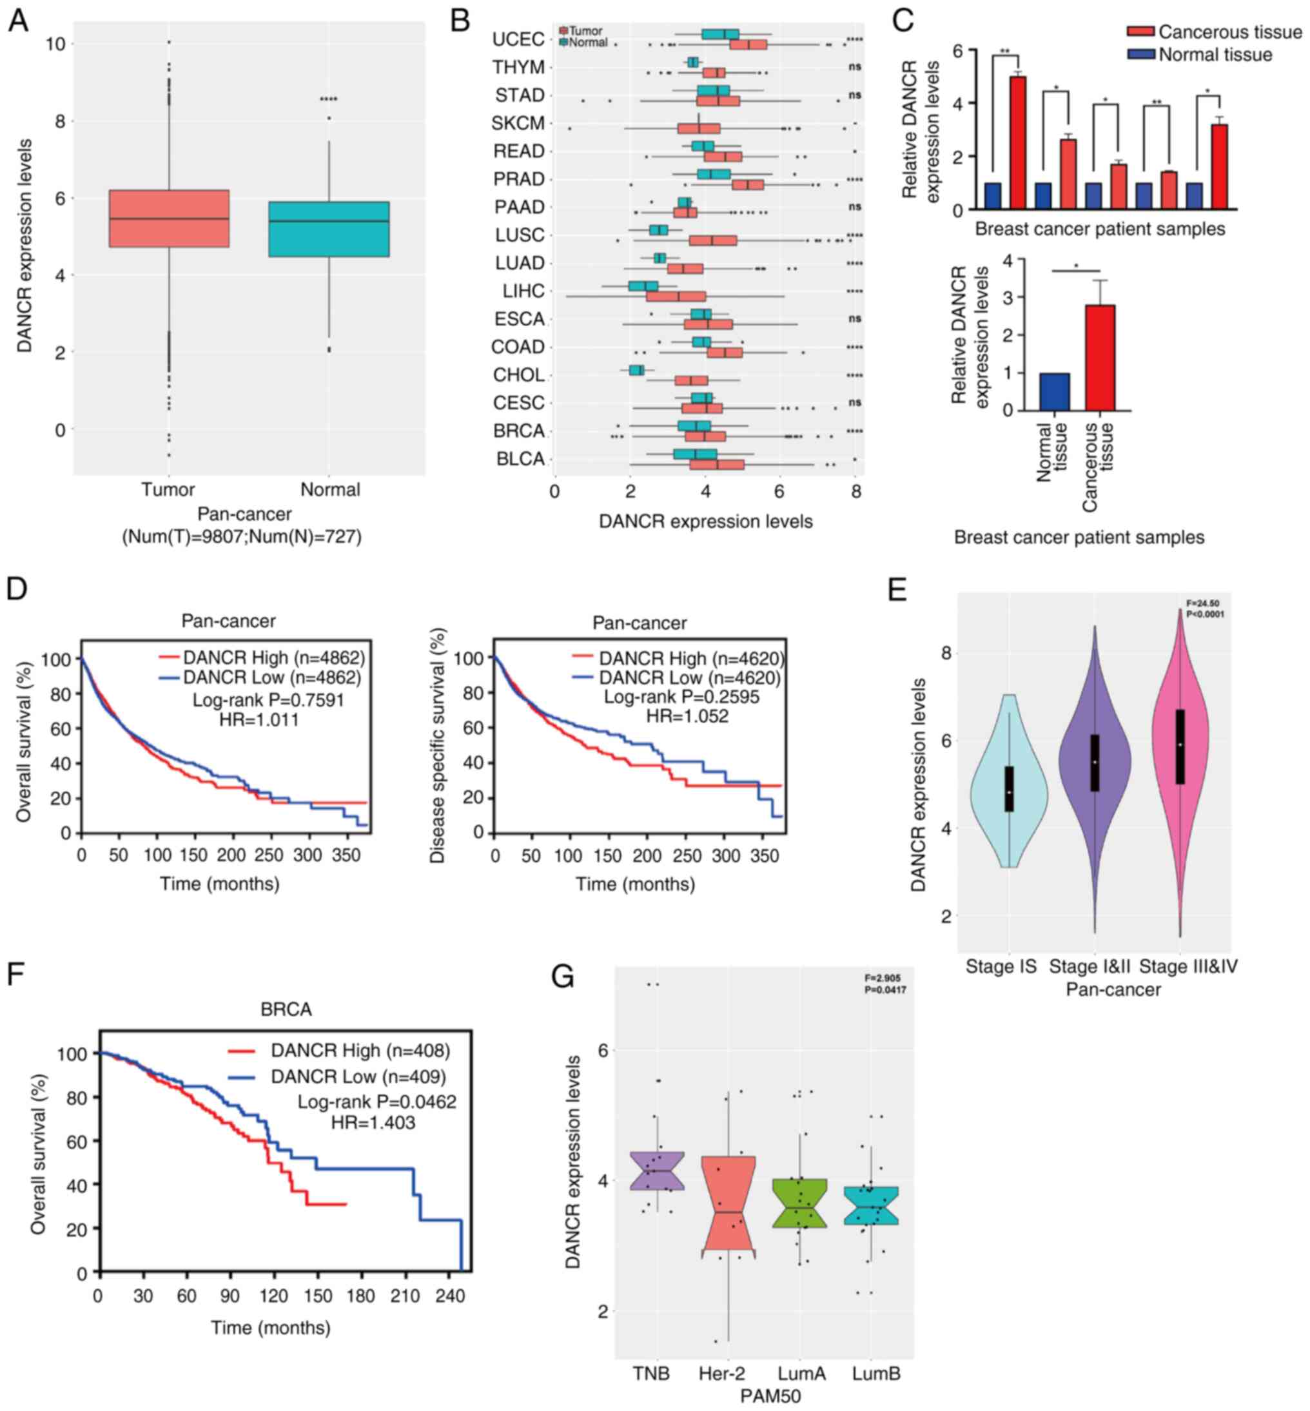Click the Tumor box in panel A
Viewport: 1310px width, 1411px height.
coord(169,219)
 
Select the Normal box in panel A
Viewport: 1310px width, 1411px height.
coord(329,229)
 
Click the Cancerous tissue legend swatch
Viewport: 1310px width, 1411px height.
coord(1140,32)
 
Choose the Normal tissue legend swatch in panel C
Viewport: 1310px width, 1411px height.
coord(1140,55)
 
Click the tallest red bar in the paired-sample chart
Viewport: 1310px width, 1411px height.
coord(1018,142)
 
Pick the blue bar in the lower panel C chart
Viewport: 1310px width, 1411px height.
coord(1054,391)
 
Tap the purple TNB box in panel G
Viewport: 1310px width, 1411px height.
coord(657,1170)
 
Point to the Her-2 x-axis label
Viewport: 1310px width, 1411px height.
coord(721,1374)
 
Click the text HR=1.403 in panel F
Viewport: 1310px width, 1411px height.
coord(373,1123)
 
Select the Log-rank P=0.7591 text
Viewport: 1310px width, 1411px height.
coord(268,700)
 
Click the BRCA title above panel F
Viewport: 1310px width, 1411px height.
coord(286,1009)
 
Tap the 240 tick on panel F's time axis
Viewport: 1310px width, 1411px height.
coord(450,1296)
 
